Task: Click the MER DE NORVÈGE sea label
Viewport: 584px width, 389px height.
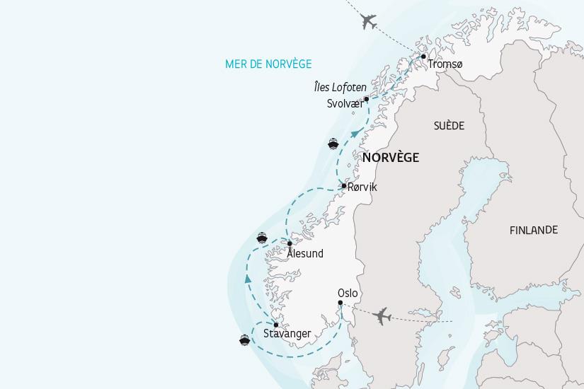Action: pos(268,64)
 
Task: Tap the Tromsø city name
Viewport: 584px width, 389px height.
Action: pos(445,65)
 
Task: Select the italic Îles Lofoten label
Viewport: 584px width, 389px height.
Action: pos(340,88)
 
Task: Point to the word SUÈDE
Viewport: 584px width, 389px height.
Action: pos(449,126)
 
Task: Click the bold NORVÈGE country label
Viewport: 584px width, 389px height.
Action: pos(390,158)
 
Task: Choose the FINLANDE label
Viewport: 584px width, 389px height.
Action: pos(534,230)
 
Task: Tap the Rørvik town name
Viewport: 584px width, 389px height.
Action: pos(362,187)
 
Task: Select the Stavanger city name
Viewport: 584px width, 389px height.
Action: pos(287,334)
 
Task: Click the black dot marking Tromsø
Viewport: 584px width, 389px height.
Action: pos(423,56)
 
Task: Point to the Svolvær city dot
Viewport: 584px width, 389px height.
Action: pos(366,99)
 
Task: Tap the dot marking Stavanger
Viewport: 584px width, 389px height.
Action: pos(275,325)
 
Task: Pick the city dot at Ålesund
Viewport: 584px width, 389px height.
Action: pos(290,243)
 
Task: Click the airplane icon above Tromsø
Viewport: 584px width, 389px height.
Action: pos(368,22)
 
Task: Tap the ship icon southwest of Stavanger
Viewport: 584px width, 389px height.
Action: pos(244,340)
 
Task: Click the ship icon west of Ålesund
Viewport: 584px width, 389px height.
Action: pos(262,238)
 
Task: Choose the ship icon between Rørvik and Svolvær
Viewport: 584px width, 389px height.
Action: pos(333,144)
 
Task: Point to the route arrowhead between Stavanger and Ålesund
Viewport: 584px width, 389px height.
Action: pos(248,281)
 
